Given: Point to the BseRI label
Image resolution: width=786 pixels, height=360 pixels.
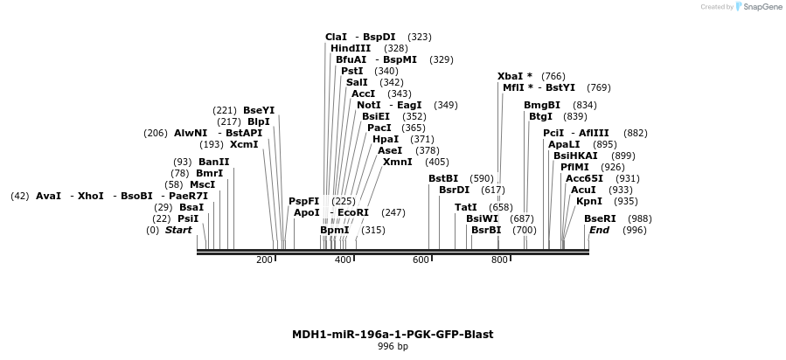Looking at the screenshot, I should coord(600,218).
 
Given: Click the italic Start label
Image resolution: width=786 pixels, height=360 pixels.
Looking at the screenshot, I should coord(177,230).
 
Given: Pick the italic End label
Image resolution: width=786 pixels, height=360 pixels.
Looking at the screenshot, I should coord(599,230).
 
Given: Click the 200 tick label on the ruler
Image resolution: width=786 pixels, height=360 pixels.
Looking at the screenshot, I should coord(264,260).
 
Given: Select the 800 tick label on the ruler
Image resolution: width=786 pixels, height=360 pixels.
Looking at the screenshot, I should coord(499,260).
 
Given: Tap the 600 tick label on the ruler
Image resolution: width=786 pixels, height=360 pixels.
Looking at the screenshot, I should coord(421,260).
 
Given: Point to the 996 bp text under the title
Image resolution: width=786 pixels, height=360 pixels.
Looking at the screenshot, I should coord(393,347).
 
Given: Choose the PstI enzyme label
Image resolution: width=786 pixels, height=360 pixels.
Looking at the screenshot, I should coord(352,71).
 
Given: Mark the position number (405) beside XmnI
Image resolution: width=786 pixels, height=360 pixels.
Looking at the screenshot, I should coord(436,162).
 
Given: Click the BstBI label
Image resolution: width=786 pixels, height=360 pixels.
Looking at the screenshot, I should coord(443,178).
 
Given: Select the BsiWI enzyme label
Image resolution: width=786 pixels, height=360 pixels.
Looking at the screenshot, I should coord(482,218).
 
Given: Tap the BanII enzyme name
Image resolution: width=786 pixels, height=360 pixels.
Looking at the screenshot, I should coord(213,162).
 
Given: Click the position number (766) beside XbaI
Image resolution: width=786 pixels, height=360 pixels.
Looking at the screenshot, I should coord(553,76).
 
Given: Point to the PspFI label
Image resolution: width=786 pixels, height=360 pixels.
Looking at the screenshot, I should coord(304,201).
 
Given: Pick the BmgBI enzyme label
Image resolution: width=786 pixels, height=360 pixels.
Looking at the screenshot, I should coord(542,105).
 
